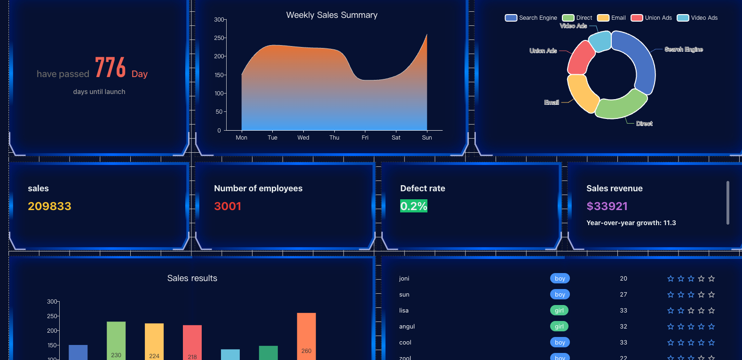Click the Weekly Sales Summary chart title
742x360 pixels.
(x=332, y=15)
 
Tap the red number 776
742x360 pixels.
(x=110, y=67)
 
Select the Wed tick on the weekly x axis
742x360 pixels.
(x=303, y=138)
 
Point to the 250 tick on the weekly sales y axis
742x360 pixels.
(x=219, y=38)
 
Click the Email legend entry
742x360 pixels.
(x=611, y=18)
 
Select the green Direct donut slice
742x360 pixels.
(x=621, y=106)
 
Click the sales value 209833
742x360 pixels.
(x=49, y=206)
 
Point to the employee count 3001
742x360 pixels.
(x=228, y=206)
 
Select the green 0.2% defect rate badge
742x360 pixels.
(x=414, y=206)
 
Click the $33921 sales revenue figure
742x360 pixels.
(x=607, y=206)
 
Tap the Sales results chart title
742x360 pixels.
(x=192, y=278)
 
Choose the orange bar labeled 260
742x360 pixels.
(x=306, y=336)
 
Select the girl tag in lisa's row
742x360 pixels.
(x=559, y=310)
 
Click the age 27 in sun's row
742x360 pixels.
(x=624, y=295)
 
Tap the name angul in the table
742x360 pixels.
(x=407, y=327)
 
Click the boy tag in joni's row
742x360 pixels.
(x=560, y=279)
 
